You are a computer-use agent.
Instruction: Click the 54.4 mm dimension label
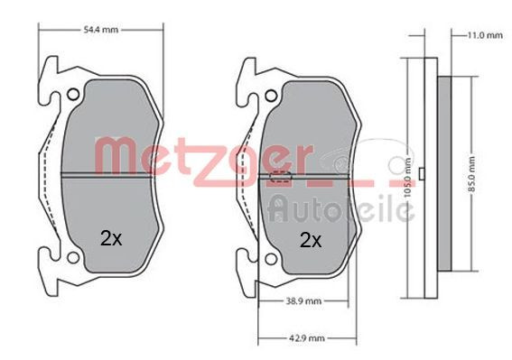[102, 31]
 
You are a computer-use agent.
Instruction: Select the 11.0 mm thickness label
[483, 35]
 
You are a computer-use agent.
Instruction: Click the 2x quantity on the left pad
[110, 239]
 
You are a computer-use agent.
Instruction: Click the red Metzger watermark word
[208, 155]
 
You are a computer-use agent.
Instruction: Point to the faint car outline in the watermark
[361, 163]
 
